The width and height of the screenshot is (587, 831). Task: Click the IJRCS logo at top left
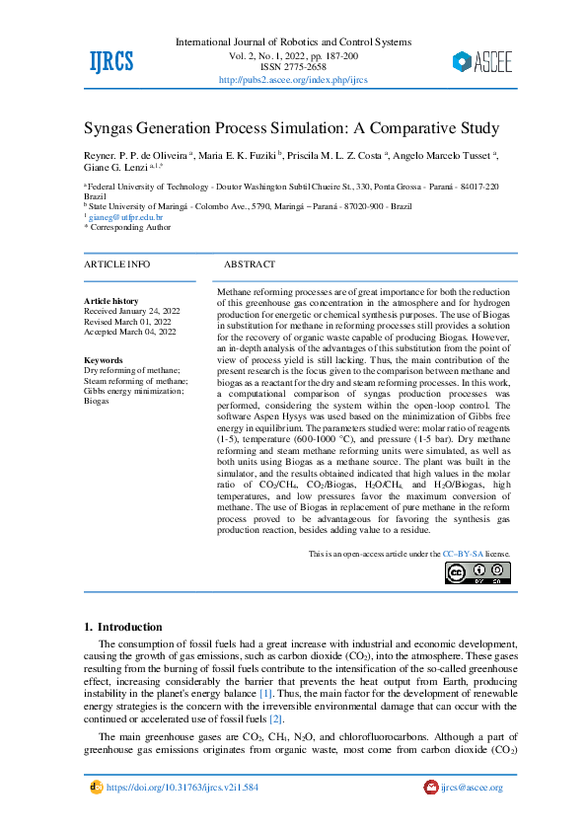(110, 61)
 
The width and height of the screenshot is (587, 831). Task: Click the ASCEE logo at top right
(481, 62)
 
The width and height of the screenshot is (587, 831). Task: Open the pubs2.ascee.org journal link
(292, 80)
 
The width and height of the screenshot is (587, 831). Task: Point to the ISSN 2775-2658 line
(293, 68)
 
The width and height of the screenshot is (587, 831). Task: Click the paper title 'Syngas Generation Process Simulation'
(291, 129)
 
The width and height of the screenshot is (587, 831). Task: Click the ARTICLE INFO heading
(117, 264)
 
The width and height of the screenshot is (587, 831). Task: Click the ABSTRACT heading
(250, 264)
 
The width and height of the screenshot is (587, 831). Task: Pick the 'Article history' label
(111, 300)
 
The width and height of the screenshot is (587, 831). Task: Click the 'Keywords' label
(104, 360)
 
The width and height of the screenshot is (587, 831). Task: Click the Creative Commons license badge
(477, 573)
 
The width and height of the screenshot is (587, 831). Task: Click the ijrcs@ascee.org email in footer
(472, 788)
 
